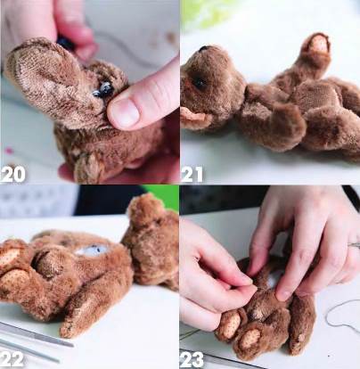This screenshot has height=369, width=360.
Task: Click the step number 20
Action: [12, 175]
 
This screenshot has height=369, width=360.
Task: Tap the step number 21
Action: [192, 175]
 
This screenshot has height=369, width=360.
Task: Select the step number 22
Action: [12, 359]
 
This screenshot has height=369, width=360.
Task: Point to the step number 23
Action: [192, 359]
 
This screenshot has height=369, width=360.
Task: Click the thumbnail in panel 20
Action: [125, 112]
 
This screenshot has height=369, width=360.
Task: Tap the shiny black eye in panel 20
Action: [102, 89]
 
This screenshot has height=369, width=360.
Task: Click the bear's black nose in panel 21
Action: [205, 48]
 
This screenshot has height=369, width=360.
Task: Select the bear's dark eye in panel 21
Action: [199, 83]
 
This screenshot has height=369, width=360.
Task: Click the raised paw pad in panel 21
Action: [319, 45]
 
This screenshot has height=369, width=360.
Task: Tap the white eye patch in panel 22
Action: [91, 250]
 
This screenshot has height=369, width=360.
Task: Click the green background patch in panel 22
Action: [162, 197]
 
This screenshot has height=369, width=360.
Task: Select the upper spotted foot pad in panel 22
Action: [10, 256]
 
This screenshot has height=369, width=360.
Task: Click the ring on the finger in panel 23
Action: [354, 245]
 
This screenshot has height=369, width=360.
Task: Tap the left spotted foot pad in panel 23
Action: [230, 325]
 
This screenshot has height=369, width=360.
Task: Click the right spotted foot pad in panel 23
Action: [250, 339]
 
